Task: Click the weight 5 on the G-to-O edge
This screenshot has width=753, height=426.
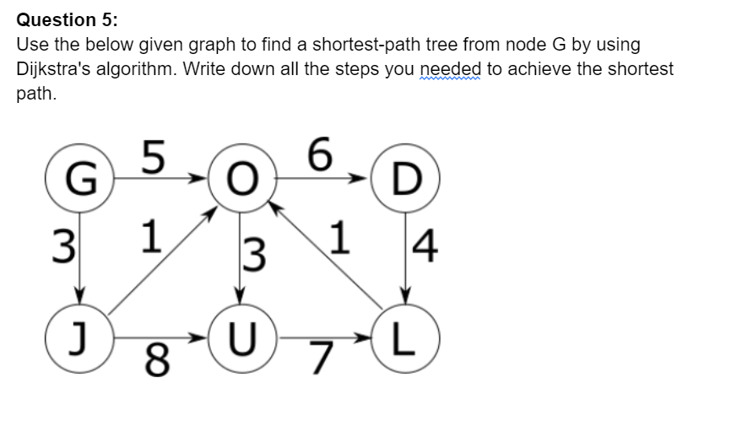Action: click(x=152, y=156)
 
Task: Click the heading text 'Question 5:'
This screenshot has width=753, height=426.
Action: click(x=56, y=19)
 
